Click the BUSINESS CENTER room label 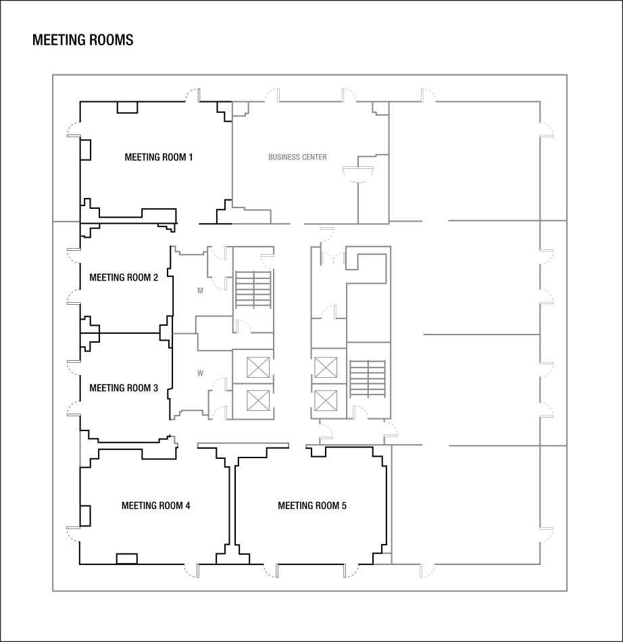[x=297, y=157]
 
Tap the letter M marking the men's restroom [x=200, y=291]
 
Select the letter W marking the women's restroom [x=200, y=373]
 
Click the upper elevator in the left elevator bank [x=257, y=368]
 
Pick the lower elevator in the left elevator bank [x=257, y=400]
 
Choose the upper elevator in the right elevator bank [x=325, y=368]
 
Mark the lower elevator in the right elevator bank [x=325, y=401]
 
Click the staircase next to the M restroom [x=253, y=290]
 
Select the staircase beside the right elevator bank [x=368, y=379]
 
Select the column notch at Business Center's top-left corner [x=240, y=109]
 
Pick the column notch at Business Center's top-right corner [x=380, y=109]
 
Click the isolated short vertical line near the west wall [x=80, y=448]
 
